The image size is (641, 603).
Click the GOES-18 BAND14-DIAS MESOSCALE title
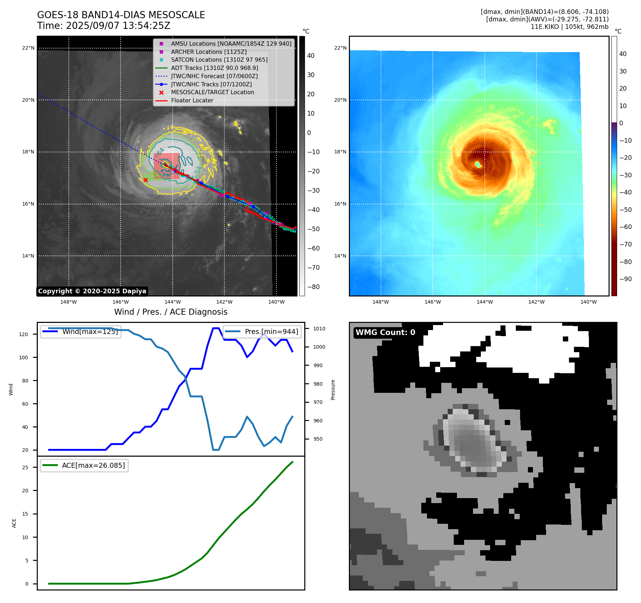[121, 15]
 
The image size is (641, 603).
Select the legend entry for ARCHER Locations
[208, 52]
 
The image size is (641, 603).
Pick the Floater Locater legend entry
[192, 101]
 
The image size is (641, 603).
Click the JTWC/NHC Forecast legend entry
[214, 76]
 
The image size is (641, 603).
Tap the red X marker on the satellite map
[146, 180]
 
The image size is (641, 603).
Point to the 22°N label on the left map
[28, 48]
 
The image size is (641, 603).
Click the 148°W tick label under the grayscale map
[68, 302]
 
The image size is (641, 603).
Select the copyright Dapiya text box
[92, 291]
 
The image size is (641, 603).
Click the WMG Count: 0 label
[385, 333]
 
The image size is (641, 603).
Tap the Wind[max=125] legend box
[81, 331]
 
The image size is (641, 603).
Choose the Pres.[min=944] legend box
[262, 331]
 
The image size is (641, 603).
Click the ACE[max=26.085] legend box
[84, 466]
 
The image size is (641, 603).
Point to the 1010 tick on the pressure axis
[319, 329]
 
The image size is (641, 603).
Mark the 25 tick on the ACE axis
[25, 467]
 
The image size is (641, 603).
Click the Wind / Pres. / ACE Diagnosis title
[171, 312]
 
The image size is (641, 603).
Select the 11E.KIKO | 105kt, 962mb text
[569, 27]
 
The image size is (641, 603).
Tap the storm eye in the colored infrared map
[478, 164]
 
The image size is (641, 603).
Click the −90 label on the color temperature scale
[625, 279]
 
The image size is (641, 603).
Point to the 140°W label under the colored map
[588, 302]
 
